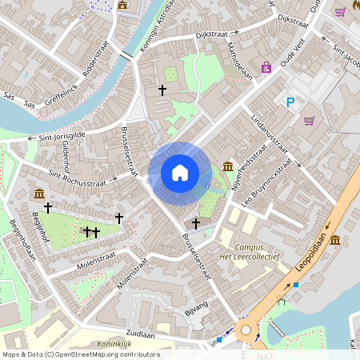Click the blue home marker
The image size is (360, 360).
180,172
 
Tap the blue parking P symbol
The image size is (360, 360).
290,102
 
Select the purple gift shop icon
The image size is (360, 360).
266,68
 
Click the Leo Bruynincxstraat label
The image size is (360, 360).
266,182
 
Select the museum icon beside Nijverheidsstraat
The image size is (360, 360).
229,166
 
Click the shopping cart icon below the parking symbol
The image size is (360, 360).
309,121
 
